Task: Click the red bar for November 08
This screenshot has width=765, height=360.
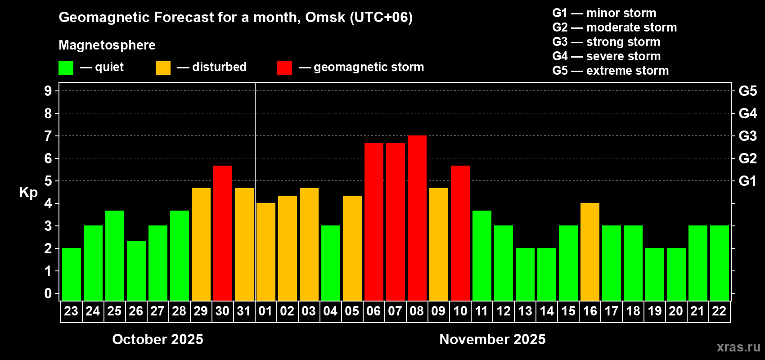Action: [x=417, y=218]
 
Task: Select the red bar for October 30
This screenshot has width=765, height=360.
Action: [x=222, y=233]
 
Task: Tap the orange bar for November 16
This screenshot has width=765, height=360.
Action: [x=589, y=252]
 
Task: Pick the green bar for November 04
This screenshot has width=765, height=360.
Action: [x=330, y=263]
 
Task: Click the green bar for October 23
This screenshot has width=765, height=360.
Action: [x=71, y=274]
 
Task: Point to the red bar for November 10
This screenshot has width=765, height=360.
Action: [x=460, y=233]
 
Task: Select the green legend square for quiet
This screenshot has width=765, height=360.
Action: [x=66, y=68]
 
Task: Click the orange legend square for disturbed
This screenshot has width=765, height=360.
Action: [x=163, y=68]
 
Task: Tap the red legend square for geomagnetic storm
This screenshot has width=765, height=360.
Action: [x=284, y=68]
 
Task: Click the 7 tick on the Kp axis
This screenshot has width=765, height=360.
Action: [x=48, y=136]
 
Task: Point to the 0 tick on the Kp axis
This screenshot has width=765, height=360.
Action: [x=48, y=294]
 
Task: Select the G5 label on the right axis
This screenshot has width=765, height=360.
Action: [x=747, y=91]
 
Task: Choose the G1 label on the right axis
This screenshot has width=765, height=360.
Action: [x=747, y=181]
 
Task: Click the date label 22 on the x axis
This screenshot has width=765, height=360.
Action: [x=719, y=311]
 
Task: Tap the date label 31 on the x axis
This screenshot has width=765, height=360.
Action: [x=244, y=311]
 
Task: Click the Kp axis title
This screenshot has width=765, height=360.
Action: [x=28, y=193]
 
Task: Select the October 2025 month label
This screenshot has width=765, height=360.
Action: [x=157, y=339]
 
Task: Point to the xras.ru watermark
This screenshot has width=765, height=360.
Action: [x=738, y=347]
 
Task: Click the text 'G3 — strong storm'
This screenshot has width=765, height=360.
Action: [x=606, y=42]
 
